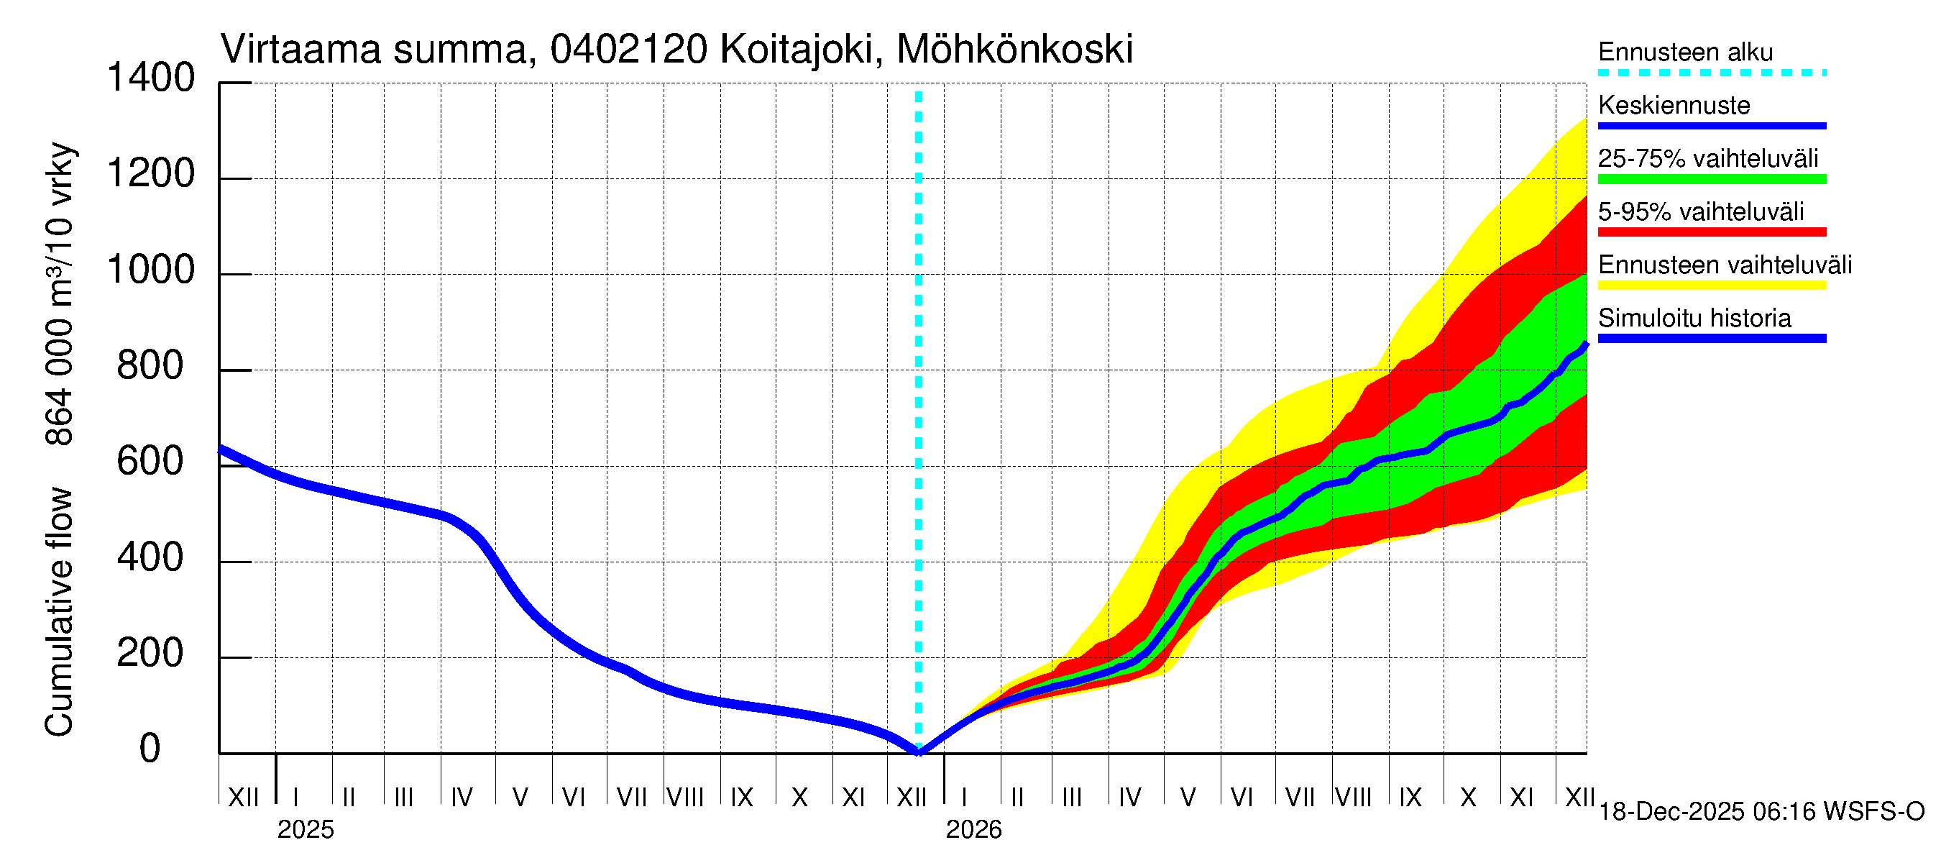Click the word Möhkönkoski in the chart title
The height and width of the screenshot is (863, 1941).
click(1014, 50)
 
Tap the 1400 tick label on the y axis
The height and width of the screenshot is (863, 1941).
click(151, 78)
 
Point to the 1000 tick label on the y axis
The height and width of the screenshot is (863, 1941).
click(151, 270)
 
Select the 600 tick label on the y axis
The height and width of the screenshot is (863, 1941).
click(150, 461)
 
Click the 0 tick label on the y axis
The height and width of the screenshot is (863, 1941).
click(150, 749)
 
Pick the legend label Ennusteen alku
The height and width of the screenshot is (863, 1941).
click(1686, 52)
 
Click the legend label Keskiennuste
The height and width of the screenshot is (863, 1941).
click(1674, 105)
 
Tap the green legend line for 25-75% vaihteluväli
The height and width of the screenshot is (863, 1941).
click(1711, 179)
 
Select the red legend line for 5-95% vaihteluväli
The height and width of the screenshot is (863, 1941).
click(1711, 232)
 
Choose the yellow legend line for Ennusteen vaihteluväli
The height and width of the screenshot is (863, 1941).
click(1711, 286)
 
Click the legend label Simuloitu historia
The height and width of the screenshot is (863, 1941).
click(1694, 318)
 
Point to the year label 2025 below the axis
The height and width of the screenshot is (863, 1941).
click(305, 830)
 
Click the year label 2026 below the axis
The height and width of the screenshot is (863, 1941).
click(973, 830)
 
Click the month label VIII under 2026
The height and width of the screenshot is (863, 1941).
click(1353, 798)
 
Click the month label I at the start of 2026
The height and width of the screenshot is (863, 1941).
click(965, 798)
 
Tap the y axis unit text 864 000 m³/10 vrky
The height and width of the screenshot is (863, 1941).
click(59, 294)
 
